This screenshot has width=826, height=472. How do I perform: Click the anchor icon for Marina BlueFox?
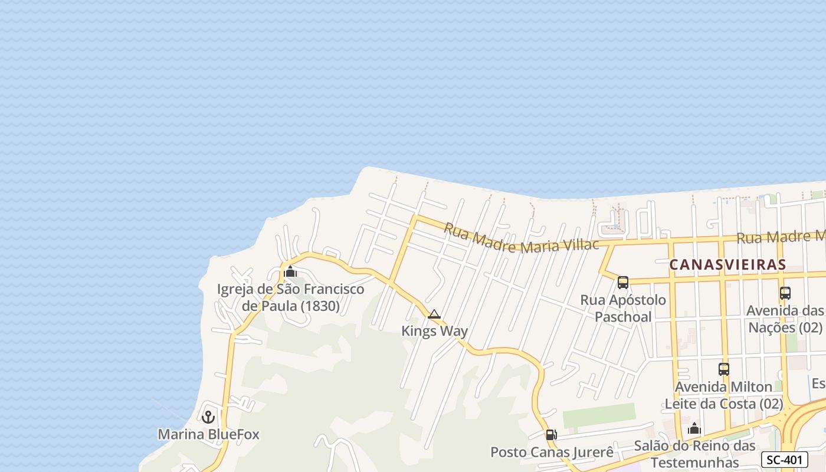pos(208,417)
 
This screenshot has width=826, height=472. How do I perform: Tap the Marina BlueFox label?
pos(208,435)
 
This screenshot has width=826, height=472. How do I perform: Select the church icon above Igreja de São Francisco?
pos(290,272)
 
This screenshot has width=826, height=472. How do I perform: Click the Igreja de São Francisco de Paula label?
pos(291,298)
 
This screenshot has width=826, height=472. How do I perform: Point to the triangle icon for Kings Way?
pos(434,314)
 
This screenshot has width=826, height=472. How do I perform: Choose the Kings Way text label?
pos(434,331)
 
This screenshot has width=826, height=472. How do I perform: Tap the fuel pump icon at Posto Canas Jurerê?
pos(550,435)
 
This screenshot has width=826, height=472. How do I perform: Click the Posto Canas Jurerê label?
pos(552,453)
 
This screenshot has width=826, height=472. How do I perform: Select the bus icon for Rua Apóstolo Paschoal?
pos(623,283)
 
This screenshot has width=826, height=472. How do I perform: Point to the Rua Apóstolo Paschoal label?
pos(623,308)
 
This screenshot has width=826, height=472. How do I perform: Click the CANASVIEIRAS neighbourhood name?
pos(727,265)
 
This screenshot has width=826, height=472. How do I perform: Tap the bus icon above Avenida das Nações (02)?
pos(785,293)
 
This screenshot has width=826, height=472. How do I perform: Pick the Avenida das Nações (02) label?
pos(785,319)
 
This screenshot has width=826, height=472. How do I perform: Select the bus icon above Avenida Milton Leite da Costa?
pos(724,369)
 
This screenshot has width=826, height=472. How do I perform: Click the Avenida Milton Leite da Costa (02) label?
pos(724,395)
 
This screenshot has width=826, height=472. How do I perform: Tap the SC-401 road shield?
pos(784,460)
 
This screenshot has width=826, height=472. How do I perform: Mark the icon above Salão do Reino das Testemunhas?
pos(694,428)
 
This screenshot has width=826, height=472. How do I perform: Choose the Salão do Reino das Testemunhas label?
pos(694,454)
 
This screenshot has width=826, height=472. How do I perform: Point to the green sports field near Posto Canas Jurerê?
pos(599,416)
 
